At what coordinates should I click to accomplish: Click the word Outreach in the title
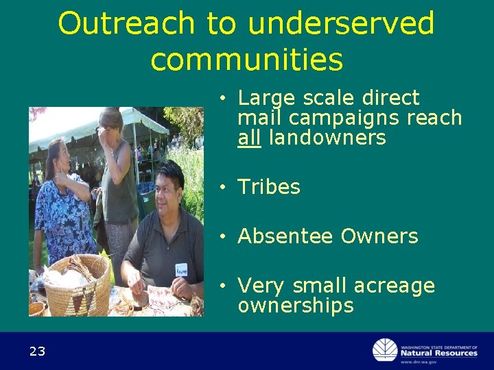[x=126, y=23]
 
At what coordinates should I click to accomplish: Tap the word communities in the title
[x=246, y=59]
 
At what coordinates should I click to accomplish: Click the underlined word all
[x=250, y=138]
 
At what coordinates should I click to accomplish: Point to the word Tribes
[x=269, y=187]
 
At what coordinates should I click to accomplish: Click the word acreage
[x=398, y=286]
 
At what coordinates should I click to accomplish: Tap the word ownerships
[x=296, y=306]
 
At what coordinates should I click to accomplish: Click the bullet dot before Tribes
[x=224, y=187]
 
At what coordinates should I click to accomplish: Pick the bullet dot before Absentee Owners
[x=224, y=236]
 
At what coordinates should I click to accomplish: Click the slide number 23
[x=37, y=351]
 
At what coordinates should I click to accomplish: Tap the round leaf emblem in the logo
[x=385, y=350]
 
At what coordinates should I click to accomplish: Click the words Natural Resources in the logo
[x=438, y=353]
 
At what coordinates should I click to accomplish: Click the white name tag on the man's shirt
[x=181, y=269]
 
